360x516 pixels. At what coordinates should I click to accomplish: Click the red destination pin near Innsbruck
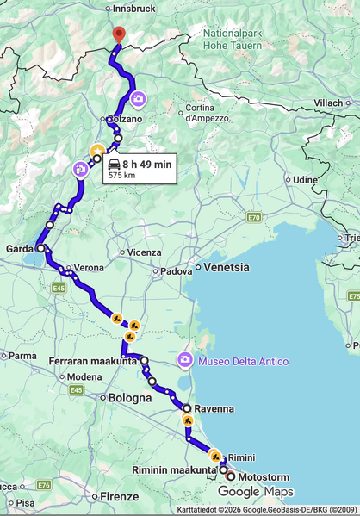coord(120,34)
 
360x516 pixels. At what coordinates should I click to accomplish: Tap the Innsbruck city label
coord(133,9)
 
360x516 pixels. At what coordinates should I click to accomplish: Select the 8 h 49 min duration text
coord(146,164)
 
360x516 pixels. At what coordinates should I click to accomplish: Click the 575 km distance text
coord(122,176)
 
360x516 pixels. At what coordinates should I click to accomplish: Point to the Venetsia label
coord(226,267)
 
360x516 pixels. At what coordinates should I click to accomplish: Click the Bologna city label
coord(130,398)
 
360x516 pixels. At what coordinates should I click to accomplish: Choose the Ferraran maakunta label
coord(93,361)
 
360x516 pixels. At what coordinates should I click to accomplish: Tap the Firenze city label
coord(119,497)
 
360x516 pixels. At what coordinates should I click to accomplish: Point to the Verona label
coord(89,268)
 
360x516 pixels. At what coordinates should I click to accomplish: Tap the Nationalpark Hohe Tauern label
coord(227,39)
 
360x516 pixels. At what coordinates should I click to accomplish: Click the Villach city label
coord(328,103)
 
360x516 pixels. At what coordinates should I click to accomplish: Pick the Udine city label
coord(305,179)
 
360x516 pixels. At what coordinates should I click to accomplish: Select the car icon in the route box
coord(114,164)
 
